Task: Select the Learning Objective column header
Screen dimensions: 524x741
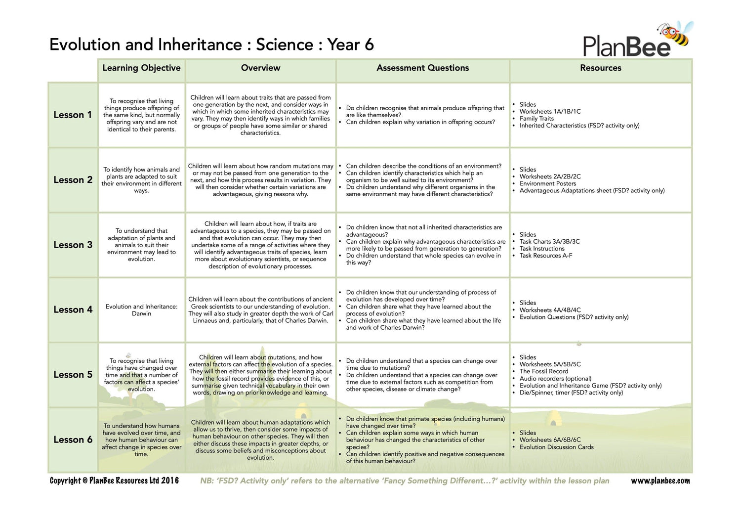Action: pyautogui.click(x=141, y=68)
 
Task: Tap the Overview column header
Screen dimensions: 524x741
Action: pyautogui.click(x=260, y=68)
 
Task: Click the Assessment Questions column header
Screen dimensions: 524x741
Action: pyautogui.click(x=422, y=68)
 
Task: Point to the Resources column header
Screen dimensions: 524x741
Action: pyautogui.click(x=600, y=68)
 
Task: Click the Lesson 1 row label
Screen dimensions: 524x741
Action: pyautogui.click(x=73, y=115)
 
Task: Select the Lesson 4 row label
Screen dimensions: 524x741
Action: pyautogui.click(x=73, y=310)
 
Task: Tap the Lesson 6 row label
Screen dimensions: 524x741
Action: pyautogui.click(x=73, y=440)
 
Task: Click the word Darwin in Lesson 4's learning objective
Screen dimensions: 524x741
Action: pyautogui.click(x=141, y=314)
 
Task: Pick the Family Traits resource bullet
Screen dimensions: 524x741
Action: pyautogui.click(x=536, y=119)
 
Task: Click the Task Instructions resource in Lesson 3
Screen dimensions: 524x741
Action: pyautogui.click(x=541, y=249)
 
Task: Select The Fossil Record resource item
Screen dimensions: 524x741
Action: pyautogui.click(x=543, y=371)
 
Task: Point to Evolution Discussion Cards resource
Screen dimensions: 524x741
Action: pyautogui.click(x=556, y=447)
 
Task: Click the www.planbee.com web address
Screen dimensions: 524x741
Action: pyautogui.click(x=660, y=481)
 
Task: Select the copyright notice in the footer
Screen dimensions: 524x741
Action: pyautogui.click(x=114, y=481)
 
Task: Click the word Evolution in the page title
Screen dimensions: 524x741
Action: pyautogui.click(x=85, y=45)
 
